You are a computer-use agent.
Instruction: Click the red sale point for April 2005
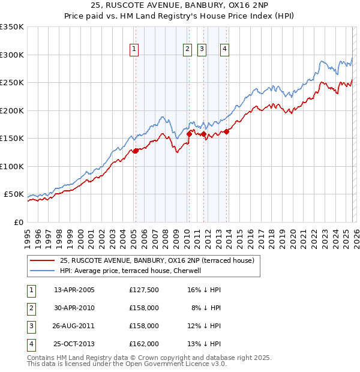tap(136, 151)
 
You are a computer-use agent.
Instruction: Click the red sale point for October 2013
tap(227, 132)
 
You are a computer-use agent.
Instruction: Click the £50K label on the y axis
tap(13, 194)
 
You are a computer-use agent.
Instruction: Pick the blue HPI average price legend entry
tap(133, 271)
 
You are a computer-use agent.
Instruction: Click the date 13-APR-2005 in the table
tap(74, 290)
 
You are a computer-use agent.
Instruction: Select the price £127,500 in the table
tap(144, 290)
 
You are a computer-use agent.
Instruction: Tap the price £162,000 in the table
tap(144, 344)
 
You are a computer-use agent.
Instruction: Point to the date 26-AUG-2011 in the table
tap(74, 326)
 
